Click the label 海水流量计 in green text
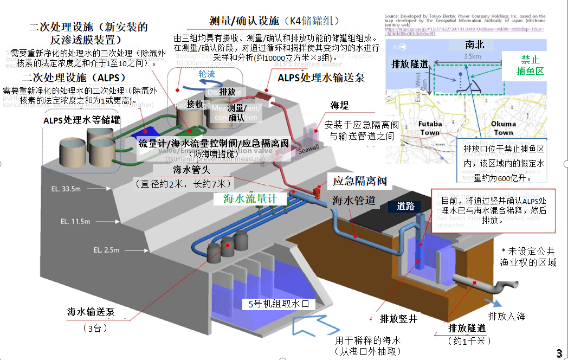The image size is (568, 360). coord(250,198)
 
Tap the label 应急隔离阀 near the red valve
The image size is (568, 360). coord(362,182)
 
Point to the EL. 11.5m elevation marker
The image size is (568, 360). coord(75,221)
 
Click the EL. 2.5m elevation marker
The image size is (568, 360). coord(106,249)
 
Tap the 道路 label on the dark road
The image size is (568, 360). coord(408,205)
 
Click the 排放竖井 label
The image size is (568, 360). coord(398,319)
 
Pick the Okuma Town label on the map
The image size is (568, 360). coord(503,128)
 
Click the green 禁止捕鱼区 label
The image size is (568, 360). coord(532,65)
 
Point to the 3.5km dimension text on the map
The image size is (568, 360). coord(473,56)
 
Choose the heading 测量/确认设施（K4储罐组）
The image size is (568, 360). coord(274,21)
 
